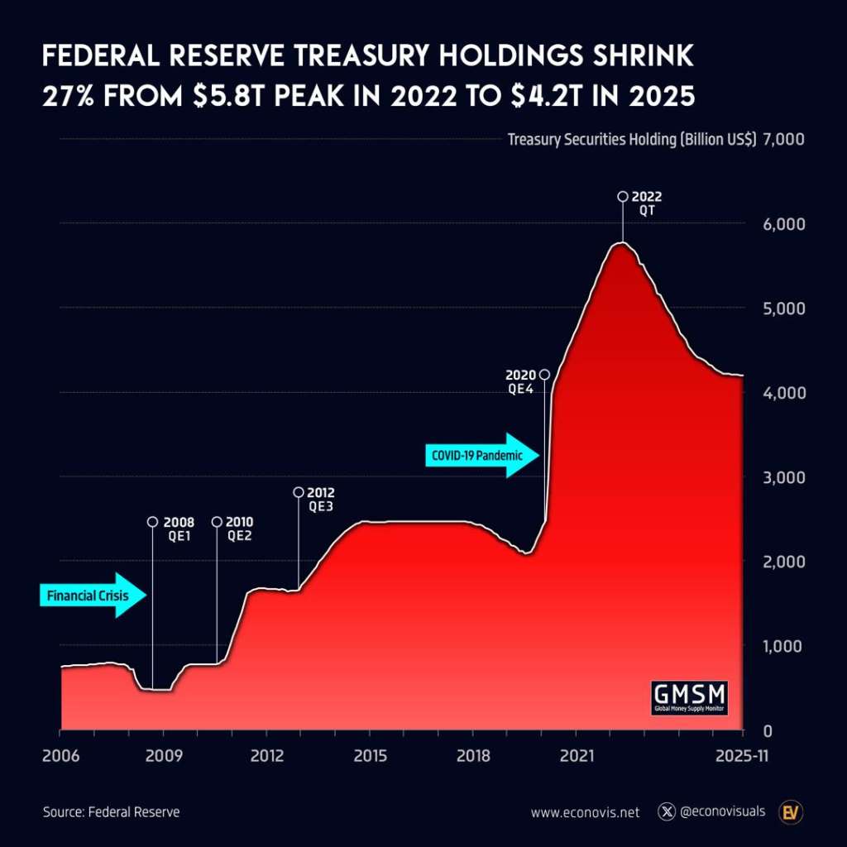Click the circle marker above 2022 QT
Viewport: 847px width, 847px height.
[622, 197]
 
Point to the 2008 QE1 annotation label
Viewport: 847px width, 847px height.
[179, 528]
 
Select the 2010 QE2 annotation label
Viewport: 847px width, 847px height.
[240, 528]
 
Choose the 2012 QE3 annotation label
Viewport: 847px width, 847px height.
[321, 499]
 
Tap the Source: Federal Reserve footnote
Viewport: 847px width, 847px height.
[111, 812]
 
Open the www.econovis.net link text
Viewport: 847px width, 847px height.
[585, 812]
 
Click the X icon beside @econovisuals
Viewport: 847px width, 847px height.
[667, 811]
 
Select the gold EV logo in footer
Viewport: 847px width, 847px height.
[792, 811]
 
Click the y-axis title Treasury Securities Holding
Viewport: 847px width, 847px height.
[632, 140]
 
